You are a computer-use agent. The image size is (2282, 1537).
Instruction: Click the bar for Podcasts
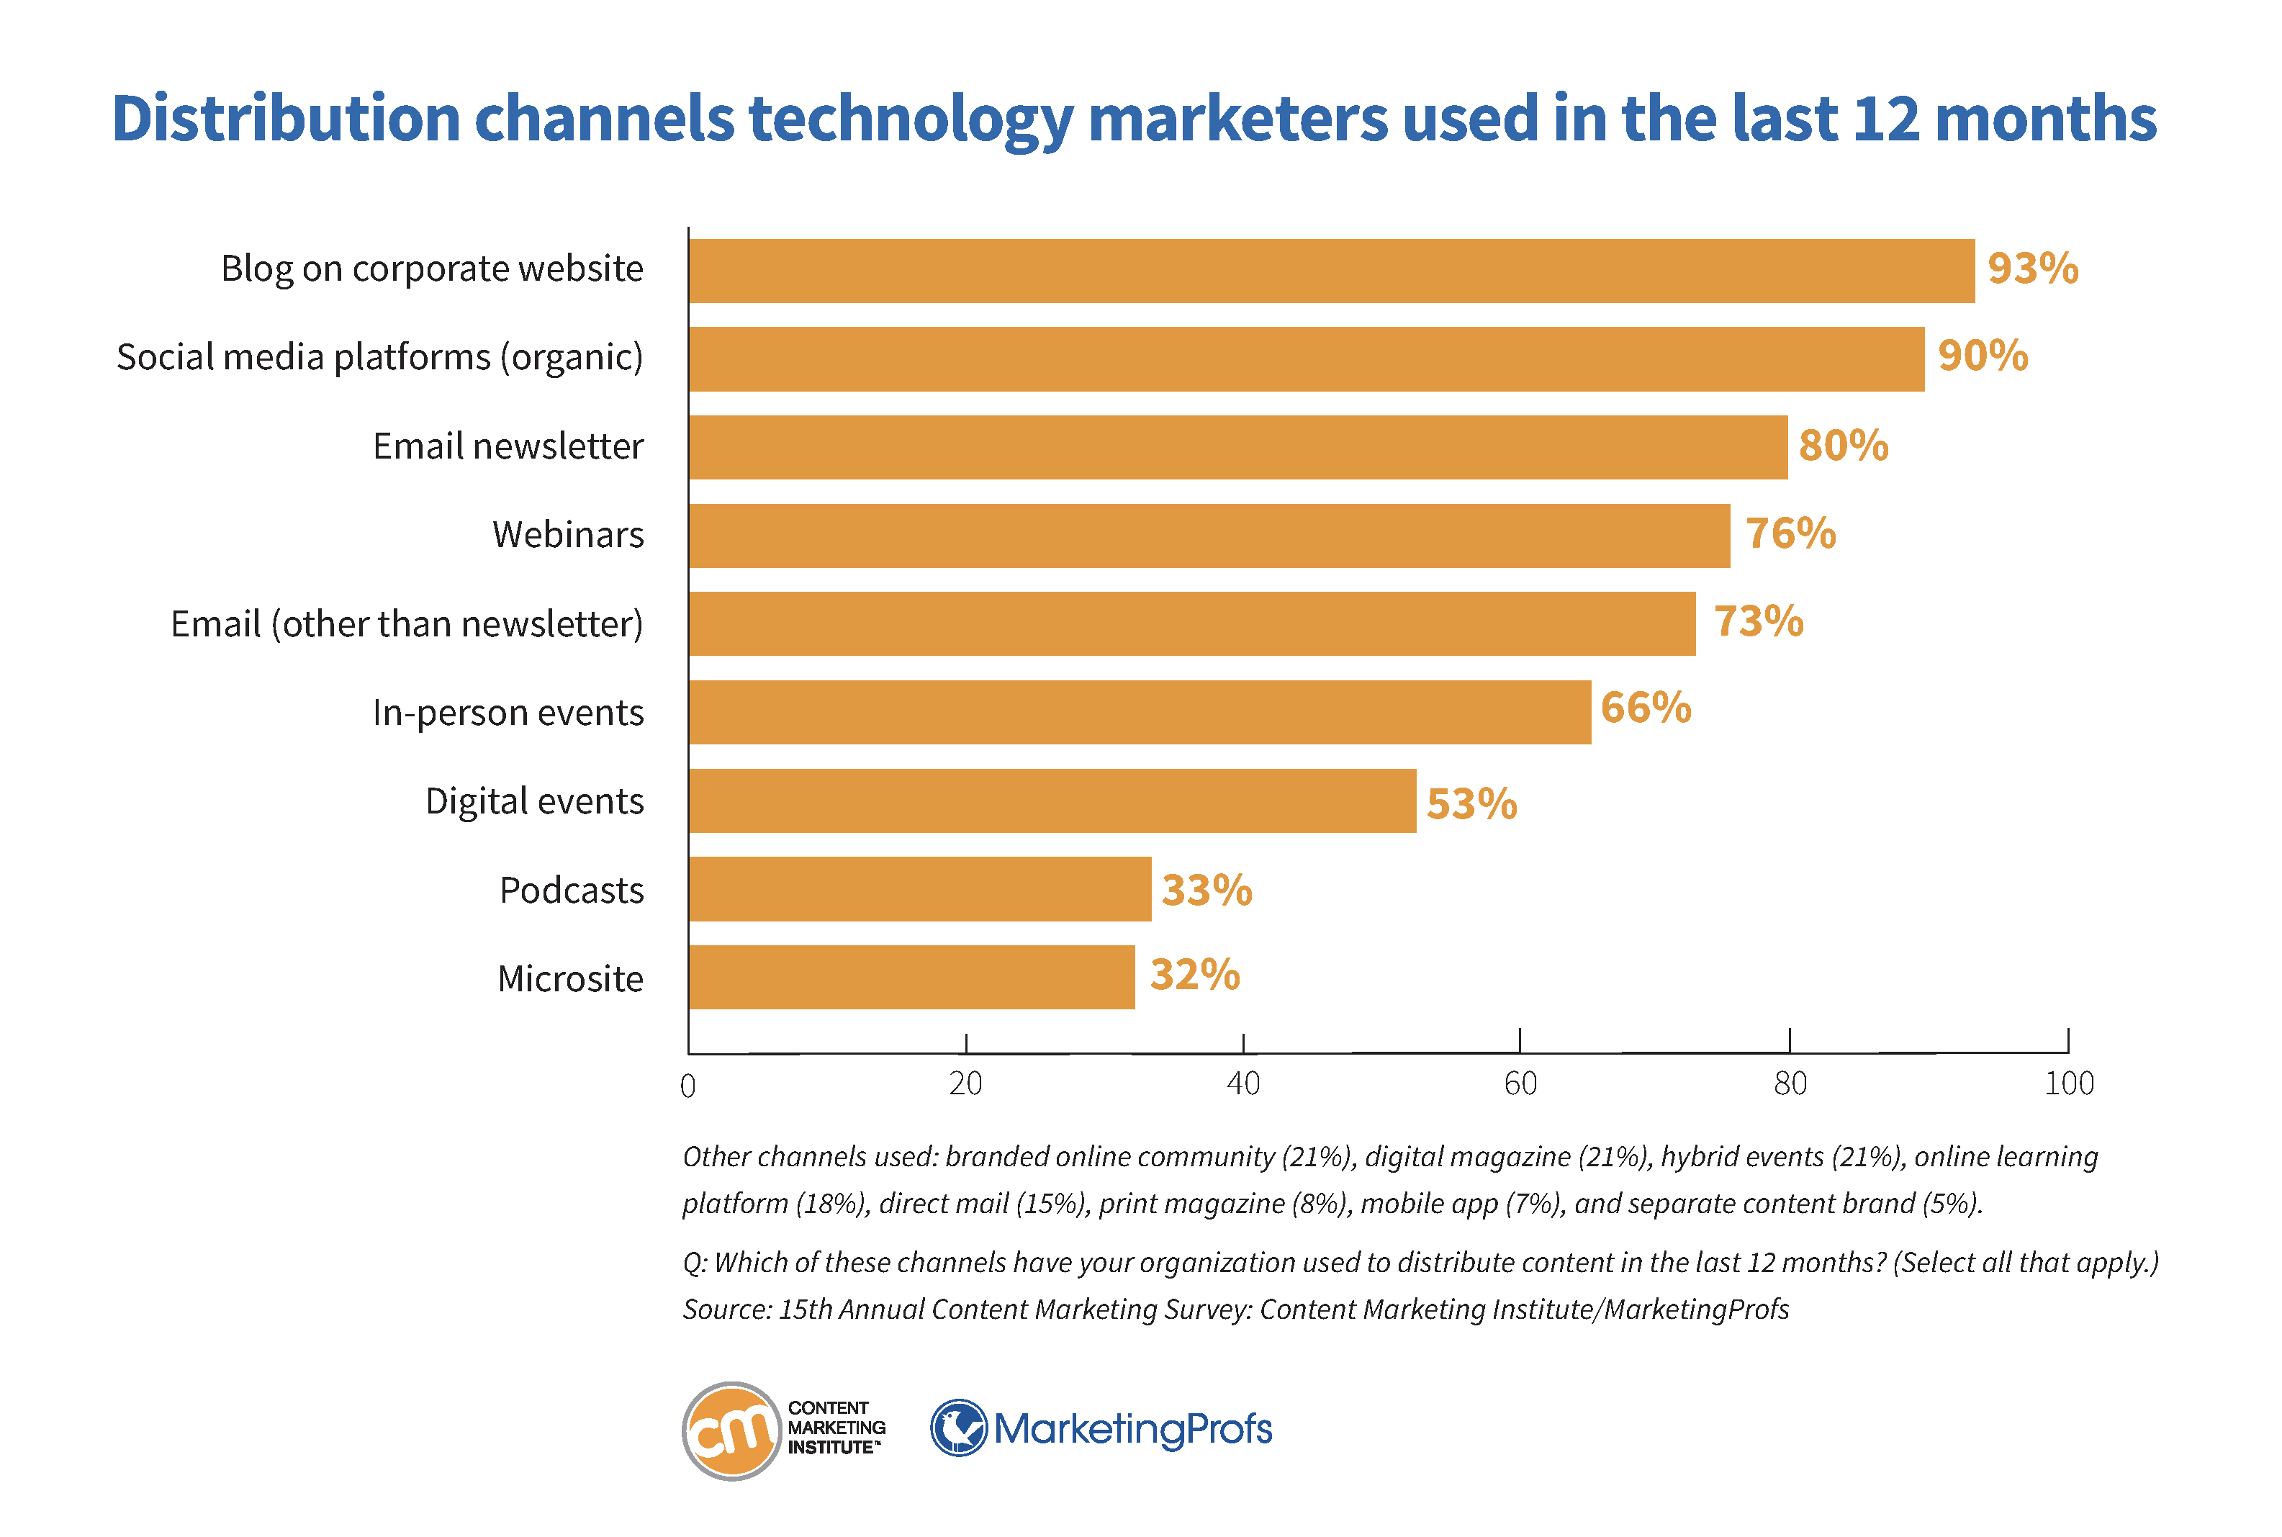[x=919, y=889]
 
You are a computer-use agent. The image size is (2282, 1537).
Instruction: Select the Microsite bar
[x=911, y=978]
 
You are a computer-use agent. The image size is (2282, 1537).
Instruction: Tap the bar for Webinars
[x=1209, y=535]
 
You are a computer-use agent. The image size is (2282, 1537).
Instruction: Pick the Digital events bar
[x=1052, y=801]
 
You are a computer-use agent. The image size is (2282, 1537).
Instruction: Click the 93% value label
[x=2032, y=269]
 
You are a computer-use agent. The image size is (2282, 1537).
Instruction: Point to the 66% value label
[x=1645, y=708]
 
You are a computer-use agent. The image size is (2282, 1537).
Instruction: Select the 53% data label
[x=1471, y=804]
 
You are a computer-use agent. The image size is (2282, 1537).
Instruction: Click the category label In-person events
[x=508, y=713]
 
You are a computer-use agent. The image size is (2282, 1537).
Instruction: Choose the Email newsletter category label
[x=508, y=446]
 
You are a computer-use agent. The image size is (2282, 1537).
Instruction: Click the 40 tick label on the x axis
[x=1243, y=1083]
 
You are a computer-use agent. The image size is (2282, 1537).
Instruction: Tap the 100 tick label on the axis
[x=2068, y=1083]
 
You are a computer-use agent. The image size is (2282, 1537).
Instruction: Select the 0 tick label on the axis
[x=688, y=1085]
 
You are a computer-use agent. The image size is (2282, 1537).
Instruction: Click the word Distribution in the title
[x=285, y=119]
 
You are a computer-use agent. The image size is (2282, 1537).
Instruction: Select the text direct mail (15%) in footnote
[x=983, y=1204]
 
